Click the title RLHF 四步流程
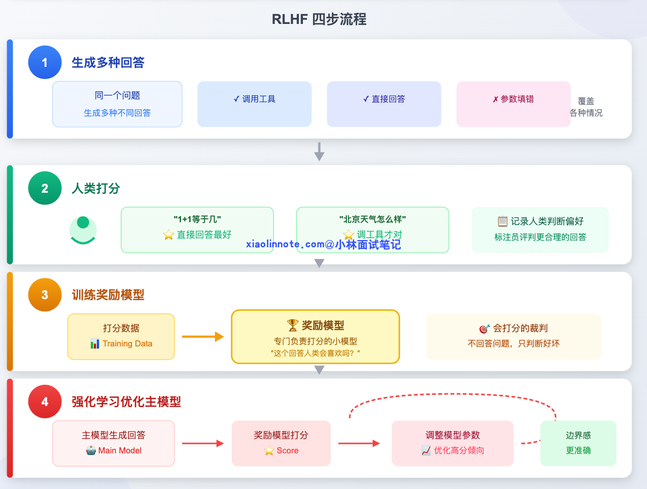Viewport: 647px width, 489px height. click(319, 19)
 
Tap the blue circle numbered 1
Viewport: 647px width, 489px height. click(45, 62)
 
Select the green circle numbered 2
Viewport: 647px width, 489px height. click(45, 188)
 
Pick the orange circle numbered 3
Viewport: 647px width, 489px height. click(45, 295)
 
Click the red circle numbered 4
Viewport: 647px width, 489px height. click(45, 402)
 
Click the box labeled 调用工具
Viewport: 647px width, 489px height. click(254, 104)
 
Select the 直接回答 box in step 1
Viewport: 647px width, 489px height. click(384, 104)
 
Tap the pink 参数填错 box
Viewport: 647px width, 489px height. click(513, 104)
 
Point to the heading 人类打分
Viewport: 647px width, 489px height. click(96, 188)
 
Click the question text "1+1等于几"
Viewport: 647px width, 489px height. click(197, 219)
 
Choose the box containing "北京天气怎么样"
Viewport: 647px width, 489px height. click(372, 230)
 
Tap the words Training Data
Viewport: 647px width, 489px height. click(127, 344)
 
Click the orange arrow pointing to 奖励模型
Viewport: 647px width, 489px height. click(203, 336)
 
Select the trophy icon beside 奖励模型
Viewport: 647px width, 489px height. click(293, 325)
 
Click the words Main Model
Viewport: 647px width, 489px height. click(120, 451)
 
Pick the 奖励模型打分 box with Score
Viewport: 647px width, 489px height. click(281, 443)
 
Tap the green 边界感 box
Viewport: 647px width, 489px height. click(578, 443)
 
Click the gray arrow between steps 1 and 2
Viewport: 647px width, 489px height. click(319, 151)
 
